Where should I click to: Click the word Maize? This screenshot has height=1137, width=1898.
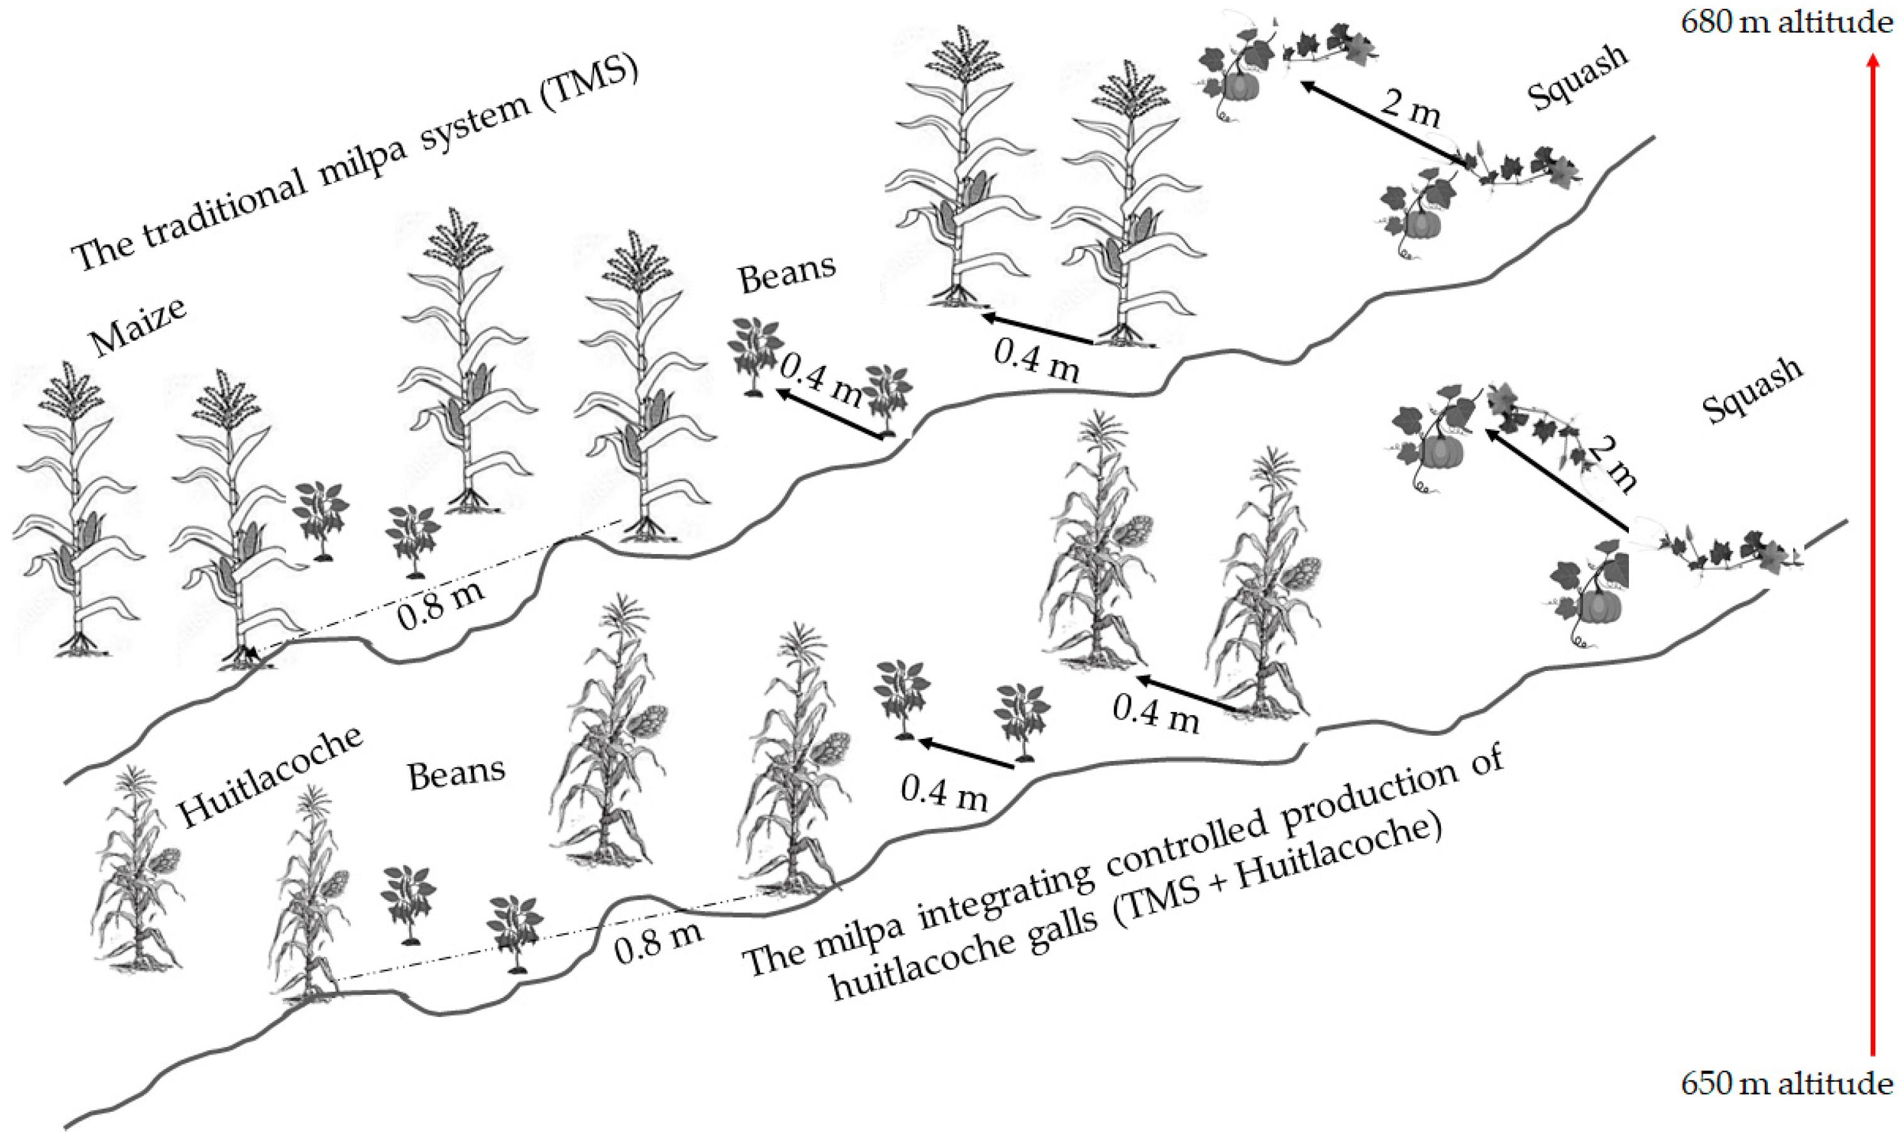pyautogui.click(x=138, y=327)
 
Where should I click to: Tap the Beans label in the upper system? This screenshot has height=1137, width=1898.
pyautogui.click(x=786, y=274)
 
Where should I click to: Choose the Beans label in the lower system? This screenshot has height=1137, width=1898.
pyautogui.click(x=456, y=774)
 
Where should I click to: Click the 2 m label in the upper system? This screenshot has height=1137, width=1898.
pyautogui.click(x=1411, y=108)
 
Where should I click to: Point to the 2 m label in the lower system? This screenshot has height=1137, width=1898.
pyautogui.click(x=1613, y=465)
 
